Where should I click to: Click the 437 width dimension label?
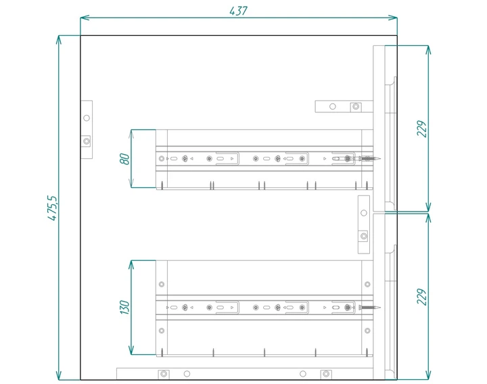(x=239, y=11)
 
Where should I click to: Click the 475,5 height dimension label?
(x=53, y=208)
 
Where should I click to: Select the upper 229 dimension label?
(x=422, y=128)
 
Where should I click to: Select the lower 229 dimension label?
(x=422, y=297)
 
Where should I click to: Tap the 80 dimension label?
(x=124, y=159)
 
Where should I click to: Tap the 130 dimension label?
(x=124, y=307)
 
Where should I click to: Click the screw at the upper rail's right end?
(x=369, y=159)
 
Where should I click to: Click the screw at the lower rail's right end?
(x=369, y=308)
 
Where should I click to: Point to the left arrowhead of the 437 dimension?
(x=85, y=18)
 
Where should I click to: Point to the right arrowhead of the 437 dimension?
(x=392, y=18)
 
